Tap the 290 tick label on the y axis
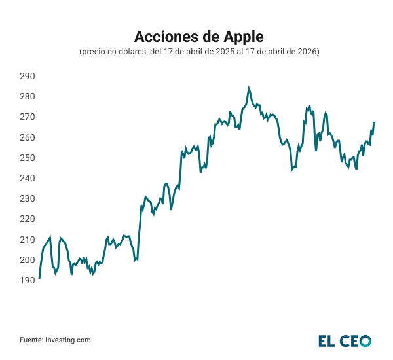click(x=27, y=76)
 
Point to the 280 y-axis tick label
click(x=27, y=96)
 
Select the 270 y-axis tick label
click(x=27, y=117)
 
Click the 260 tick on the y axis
click(x=27, y=137)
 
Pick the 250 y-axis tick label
click(x=27, y=158)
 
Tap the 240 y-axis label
click(x=27, y=178)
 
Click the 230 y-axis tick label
click(x=27, y=198)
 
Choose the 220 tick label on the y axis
click(x=27, y=219)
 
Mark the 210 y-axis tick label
click(x=27, y=240)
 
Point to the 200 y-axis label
click(x=27, y=260)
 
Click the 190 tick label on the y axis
click(x=27, y=280)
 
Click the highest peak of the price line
click(x=249, y=88)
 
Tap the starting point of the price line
click(x=39, y=278)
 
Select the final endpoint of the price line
click(x=374, y=122)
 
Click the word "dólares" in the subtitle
click(x=133, y=51)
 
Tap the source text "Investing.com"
click(x=68, y=340)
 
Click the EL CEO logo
click(x=345, y=340)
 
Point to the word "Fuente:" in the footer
click(x=31, y=340)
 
